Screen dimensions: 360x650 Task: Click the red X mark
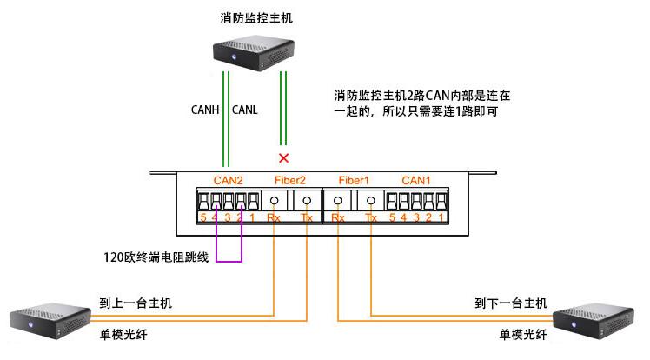[282, 157]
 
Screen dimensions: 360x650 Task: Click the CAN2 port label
[228, 181]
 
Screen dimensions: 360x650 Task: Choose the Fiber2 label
[290, 181]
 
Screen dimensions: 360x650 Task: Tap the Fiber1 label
[354, 181]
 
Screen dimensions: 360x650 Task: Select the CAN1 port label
[416, 181]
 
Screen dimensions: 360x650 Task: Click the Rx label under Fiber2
[274, 217]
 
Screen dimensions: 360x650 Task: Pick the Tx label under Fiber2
[307, 217]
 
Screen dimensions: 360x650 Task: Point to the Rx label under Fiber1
[338, 217]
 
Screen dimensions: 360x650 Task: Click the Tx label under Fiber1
[371, 217]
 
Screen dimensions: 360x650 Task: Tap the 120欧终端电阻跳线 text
[155, 257]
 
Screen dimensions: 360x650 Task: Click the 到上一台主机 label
[136, 303]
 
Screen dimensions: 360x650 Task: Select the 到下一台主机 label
[511, 303]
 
